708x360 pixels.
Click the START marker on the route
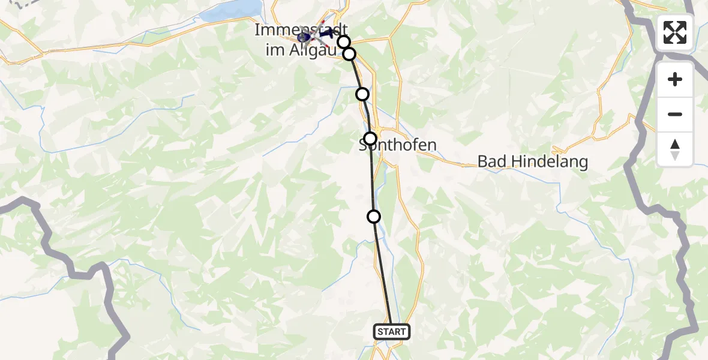click(x=392, y=331)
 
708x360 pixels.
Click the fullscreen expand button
click(x=675, y=32)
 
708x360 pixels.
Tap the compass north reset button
click(x=675, y=149)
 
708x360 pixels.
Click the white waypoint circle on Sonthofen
click(x=370, y=138)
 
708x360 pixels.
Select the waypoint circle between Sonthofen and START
click(x=374, y=217)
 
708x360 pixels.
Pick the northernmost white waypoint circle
click(x=343, y=41)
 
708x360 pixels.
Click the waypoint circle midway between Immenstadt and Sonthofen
click(x=362, y=94)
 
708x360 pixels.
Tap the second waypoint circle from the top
click(x=349, y=54)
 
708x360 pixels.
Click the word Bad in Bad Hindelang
click(x=490, y=161)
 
